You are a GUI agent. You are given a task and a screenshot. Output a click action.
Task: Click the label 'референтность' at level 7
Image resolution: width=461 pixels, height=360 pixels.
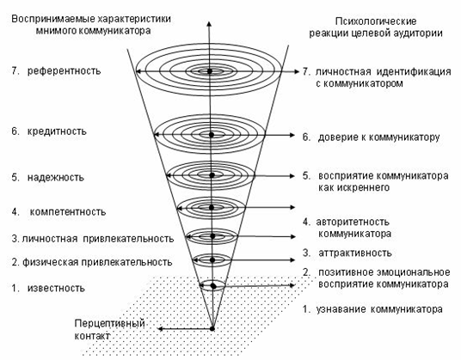click(64, 71)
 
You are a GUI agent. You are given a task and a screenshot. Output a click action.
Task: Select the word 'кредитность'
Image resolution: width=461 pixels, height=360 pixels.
click(57, 131)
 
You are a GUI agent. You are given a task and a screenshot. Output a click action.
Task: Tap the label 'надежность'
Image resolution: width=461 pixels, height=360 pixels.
click(56, 177)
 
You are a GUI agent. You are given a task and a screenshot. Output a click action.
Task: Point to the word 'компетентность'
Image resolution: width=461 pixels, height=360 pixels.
click(68, 211)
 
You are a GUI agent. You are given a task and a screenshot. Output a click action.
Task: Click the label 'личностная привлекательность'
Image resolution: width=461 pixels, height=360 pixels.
click(98, 239)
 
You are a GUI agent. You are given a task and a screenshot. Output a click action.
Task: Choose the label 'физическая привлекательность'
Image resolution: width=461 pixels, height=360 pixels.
click(97, 262)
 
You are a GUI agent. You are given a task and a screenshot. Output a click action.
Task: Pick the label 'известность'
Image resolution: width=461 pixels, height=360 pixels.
click(56, 288)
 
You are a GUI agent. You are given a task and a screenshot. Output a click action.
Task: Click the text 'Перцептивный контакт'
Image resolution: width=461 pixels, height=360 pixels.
click(110, 329)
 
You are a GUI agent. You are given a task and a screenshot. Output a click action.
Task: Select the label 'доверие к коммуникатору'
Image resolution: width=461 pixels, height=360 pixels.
click(378, 137)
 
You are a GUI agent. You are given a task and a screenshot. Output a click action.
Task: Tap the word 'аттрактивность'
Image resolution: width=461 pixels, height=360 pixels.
click(355, 253)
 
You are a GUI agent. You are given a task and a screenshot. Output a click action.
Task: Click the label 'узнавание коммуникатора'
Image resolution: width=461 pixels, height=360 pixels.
click(379, 309)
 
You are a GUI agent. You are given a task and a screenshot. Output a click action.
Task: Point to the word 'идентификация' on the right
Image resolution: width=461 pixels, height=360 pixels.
click(414, 71)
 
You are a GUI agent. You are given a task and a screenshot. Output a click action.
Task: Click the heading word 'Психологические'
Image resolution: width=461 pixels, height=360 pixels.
click(376, 21)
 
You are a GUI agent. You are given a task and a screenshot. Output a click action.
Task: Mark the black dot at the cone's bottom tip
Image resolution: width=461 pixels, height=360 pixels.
click(212, 328)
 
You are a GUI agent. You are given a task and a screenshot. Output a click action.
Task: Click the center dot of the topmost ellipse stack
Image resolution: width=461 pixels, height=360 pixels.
click(209, 71)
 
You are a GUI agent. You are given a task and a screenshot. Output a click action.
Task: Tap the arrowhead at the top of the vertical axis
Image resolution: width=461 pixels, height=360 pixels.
click(209, 24)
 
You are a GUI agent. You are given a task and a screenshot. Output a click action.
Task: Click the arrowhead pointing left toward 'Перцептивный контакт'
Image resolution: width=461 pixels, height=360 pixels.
click(161, 328)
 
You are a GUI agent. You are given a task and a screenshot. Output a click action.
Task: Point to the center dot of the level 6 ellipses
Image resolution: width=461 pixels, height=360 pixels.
click(211, 135)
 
